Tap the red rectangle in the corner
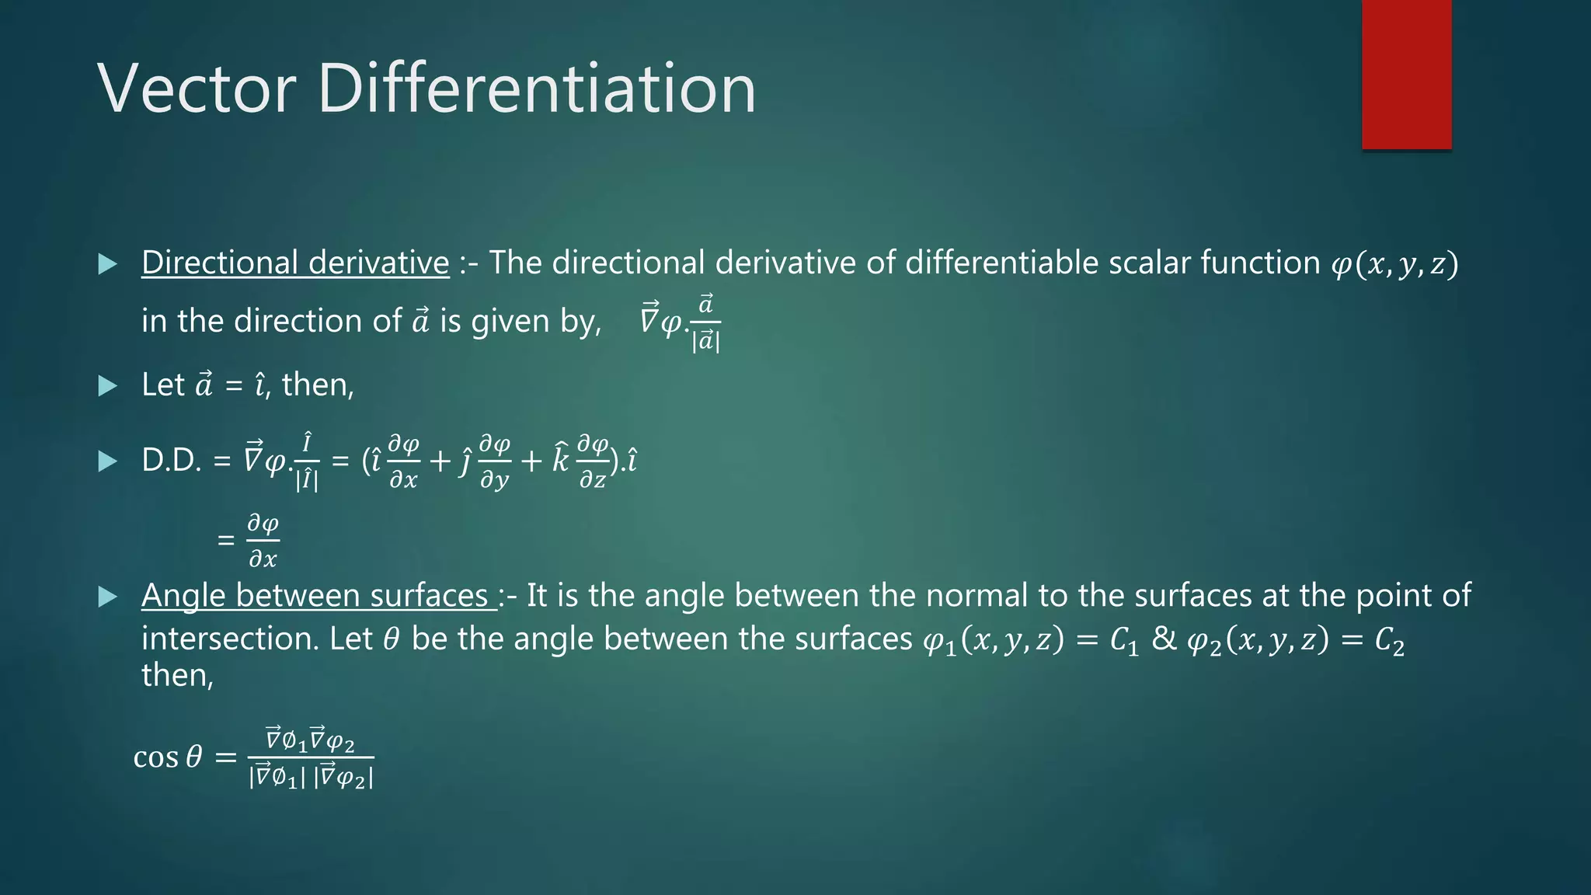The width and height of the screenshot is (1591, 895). coord(1406,75)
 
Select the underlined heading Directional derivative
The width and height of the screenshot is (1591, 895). coord(295,263)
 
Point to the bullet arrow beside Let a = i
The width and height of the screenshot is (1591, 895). coord(108,385)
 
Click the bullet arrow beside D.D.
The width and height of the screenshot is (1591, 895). coord(108,461)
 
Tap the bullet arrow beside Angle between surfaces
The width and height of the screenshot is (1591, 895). coord(108,597)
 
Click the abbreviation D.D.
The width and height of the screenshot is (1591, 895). coord(172,461)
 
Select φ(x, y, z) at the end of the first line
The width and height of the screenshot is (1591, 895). coord(1394,264)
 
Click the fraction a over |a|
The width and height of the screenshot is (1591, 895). coord(705,323)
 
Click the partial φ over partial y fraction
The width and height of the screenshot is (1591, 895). coord(494,462)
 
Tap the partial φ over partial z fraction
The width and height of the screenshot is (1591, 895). coord(593,462)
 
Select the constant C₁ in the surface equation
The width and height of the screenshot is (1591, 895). coord(1124,641)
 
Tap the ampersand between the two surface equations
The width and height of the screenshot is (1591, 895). coord(1164,639)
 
